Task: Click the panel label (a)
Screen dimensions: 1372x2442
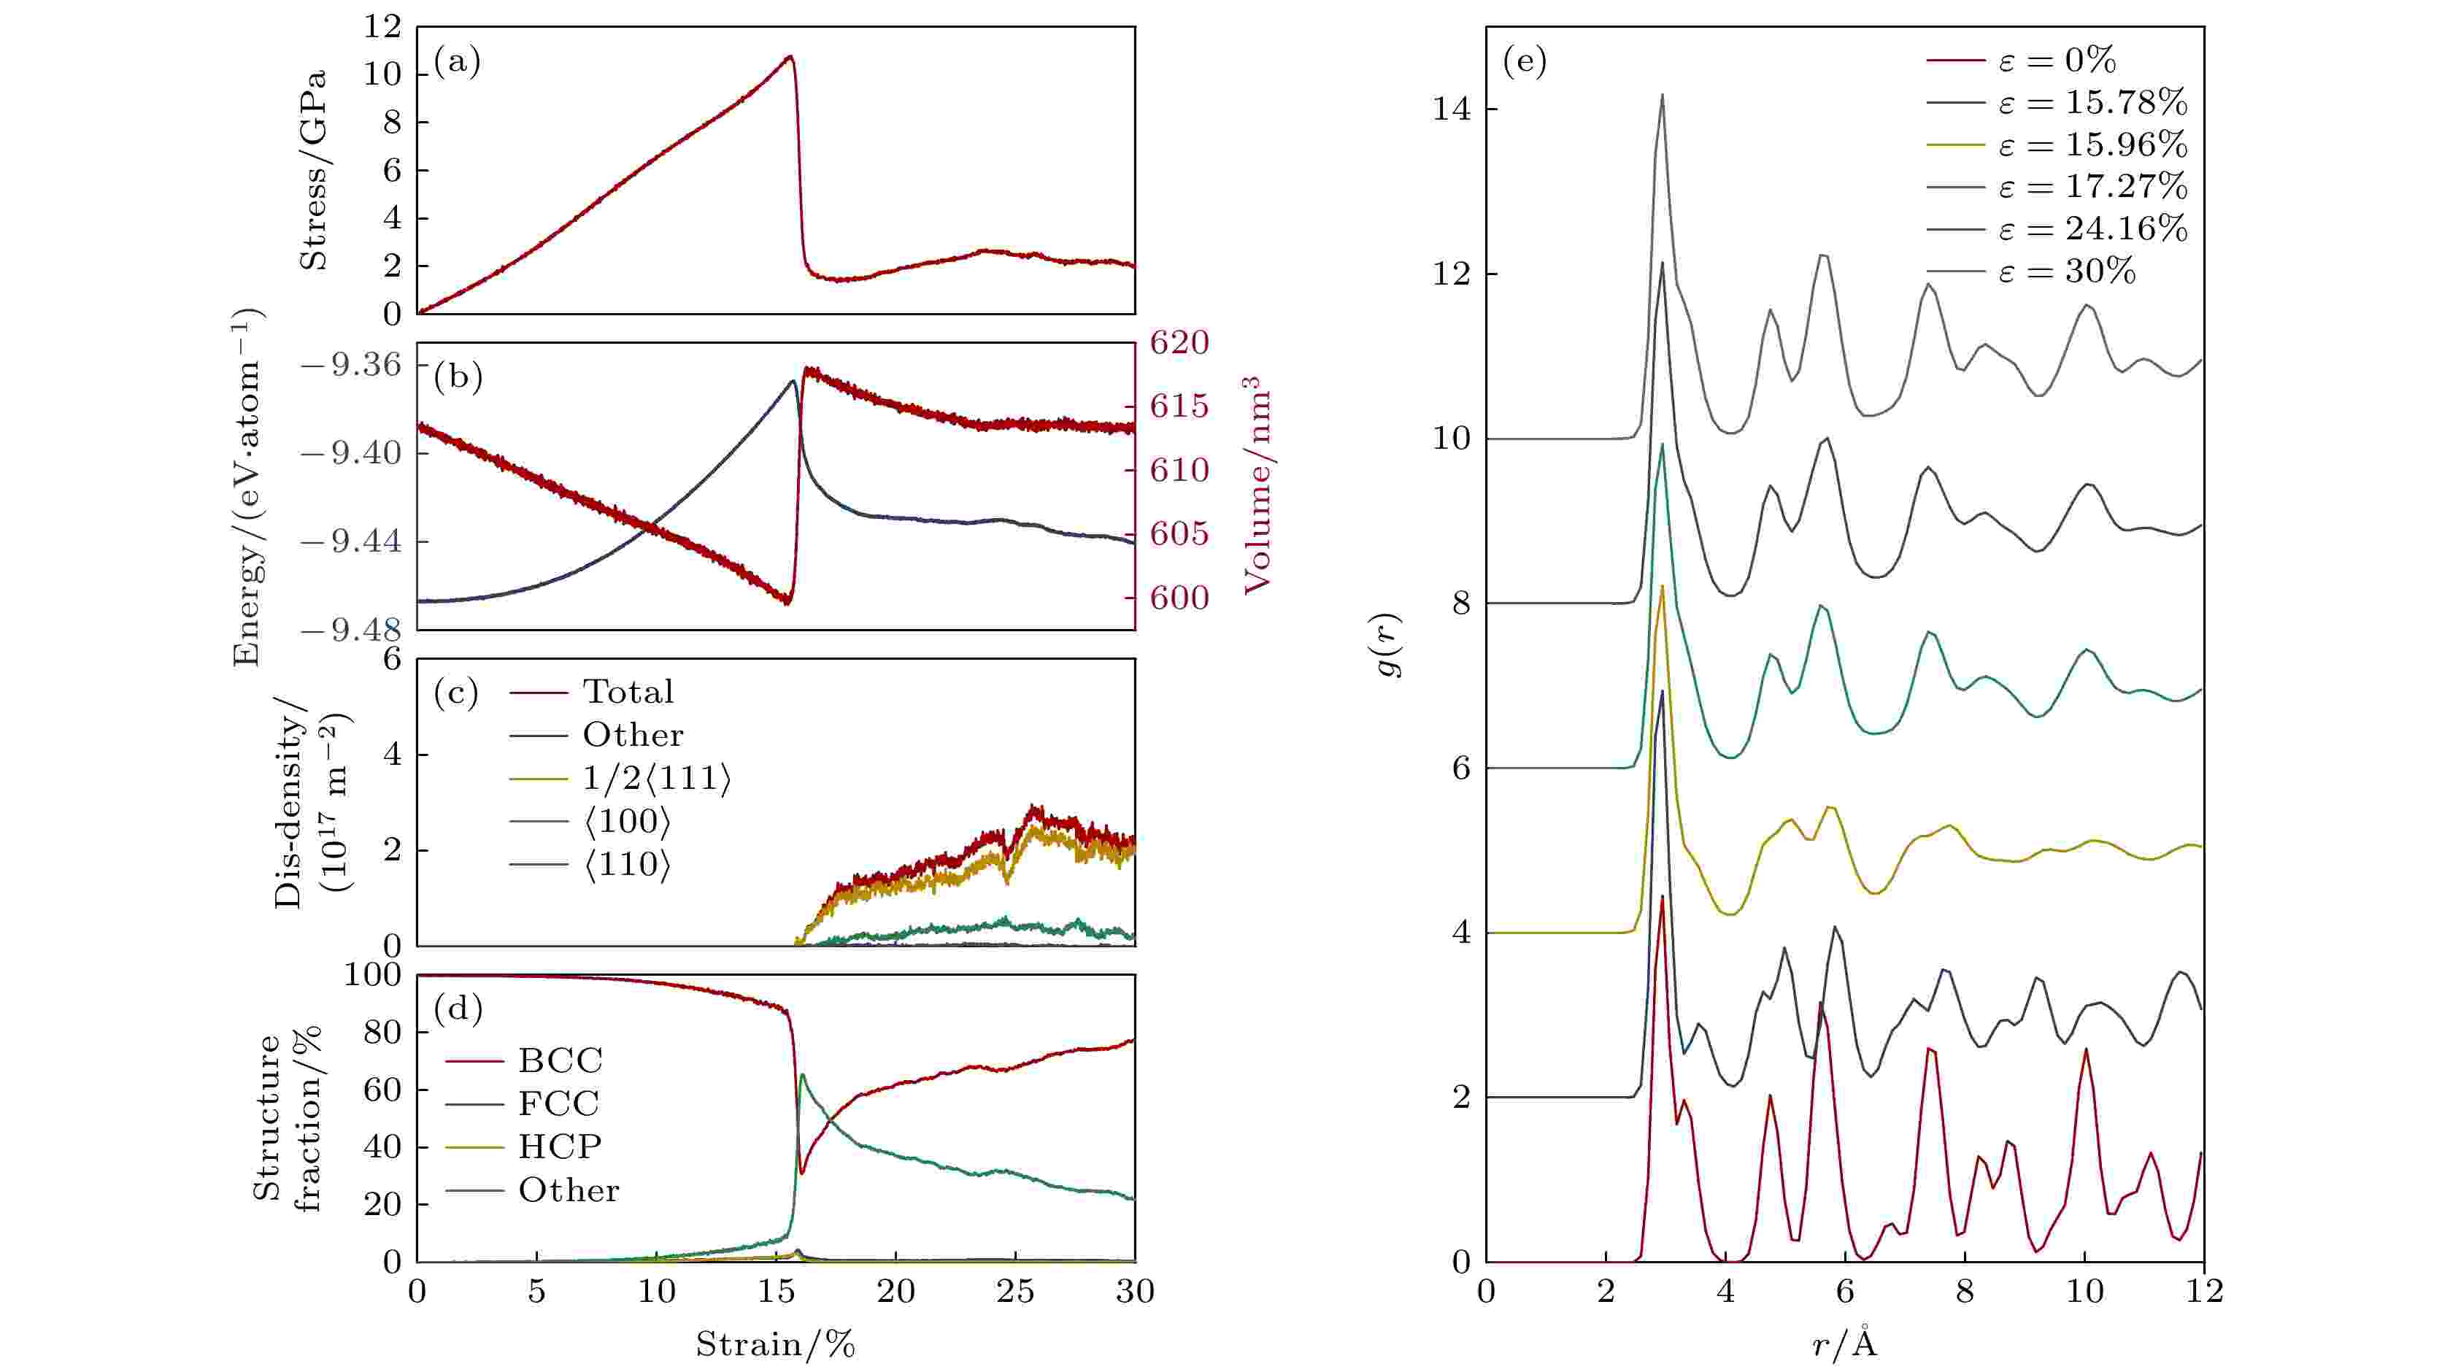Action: click(x=457, y=63)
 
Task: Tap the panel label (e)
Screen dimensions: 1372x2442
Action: click(x=1525, y=63)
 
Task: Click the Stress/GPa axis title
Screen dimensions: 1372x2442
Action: click(x=314, y=170)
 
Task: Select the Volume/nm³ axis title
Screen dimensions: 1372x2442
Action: click(x=1256, y=485)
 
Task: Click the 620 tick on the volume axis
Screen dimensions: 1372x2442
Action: click(x=1179, y=342)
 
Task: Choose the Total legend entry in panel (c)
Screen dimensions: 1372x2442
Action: click(x=628, y=691)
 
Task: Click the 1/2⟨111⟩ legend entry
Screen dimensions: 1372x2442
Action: click(x=656, y=779)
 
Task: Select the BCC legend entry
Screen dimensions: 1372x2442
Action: click(x=559, y=1060)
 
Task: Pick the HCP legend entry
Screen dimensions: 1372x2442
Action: click(x=559, y=1146)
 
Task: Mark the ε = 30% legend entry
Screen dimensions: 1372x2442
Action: click(x=2067, y=272)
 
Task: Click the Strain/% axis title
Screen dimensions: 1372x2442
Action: click(x=776, y=1344)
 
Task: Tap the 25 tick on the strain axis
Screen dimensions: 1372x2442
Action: click(x=1015, y=1292)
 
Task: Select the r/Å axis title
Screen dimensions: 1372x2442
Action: click(x=1844, y=1344)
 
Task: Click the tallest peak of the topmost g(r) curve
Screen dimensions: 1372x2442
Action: click(x=1662, y=95)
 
